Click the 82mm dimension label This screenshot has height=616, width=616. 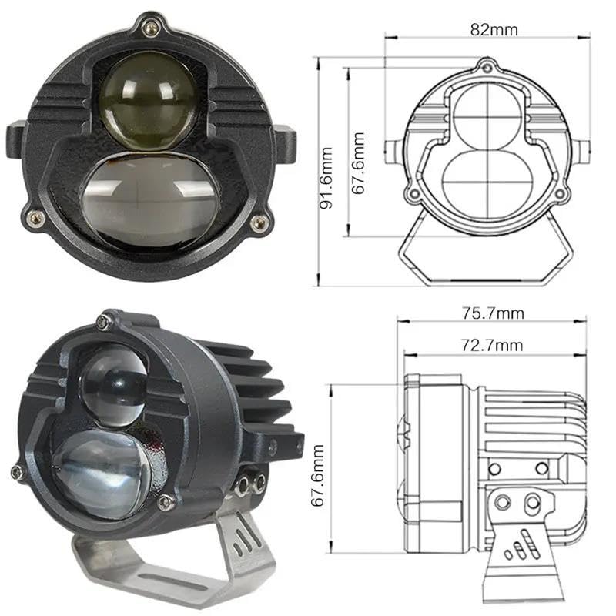point(494,30)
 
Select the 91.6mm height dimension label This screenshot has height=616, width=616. point(326,178)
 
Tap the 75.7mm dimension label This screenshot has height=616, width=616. point(493,313)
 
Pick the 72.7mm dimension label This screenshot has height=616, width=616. point(492,345)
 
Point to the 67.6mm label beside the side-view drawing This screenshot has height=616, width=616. point(317,475)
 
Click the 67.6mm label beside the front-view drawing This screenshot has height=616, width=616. point(358,163)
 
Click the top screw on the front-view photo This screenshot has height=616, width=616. point(151,27)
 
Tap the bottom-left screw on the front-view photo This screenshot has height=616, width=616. point(35,217)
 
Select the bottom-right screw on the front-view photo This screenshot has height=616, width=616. point(259,223)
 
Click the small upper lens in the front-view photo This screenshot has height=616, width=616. point(149,101)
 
